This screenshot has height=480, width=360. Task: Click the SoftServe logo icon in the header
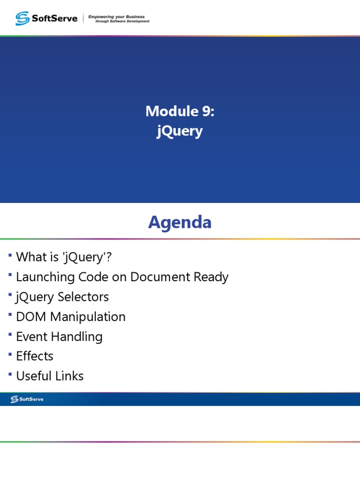tap(22, 18)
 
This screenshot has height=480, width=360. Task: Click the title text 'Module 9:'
tap(180, 111)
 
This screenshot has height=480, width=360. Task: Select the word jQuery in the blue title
tap(180, 131)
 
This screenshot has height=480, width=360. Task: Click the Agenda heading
tap(180, 222)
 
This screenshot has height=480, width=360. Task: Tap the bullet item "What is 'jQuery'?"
tap(64, 257)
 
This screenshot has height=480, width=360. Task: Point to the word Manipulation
tap(88, 317)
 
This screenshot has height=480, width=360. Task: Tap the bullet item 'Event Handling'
tap(59, 337)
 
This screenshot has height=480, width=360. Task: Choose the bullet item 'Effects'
tap(35, 356)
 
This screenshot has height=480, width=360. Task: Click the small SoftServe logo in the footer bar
tap(27, 399)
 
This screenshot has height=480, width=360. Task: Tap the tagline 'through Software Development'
tap(122, 21)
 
